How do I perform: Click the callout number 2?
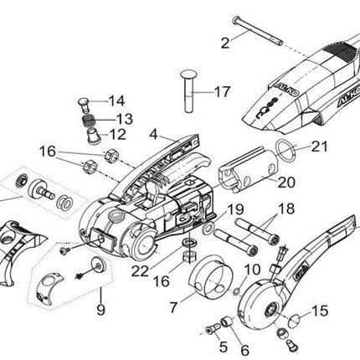click(225, 43)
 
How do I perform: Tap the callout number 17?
click(223, 91)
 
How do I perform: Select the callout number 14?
click(116, 100)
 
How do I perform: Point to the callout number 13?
click(124, 119)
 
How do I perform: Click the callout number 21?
click(319, 147)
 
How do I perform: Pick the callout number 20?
click(286, 183)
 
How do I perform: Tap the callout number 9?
click(100, 310)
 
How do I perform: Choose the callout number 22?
click(141, 271)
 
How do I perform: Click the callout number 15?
click(320, 311)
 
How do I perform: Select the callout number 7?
click(173, 307)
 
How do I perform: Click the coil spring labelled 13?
click(90, 121)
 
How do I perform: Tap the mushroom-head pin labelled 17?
click(189, 91)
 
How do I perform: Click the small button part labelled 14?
click(84, 105)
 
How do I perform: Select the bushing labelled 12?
click(94, 136)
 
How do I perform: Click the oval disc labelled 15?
click(295, 321)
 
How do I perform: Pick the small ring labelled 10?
click(236, 292)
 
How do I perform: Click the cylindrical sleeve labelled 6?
click(228, 322)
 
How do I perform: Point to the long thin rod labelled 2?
click(258, 30)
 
